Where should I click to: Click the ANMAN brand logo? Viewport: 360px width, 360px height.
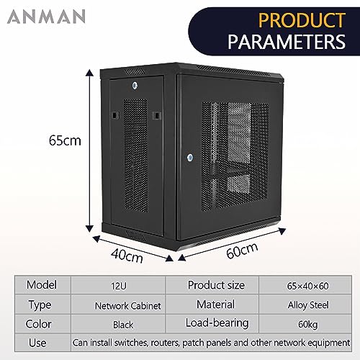point(46,17)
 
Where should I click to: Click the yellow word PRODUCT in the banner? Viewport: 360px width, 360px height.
point(302,21)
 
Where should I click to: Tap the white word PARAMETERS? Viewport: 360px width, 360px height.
point(287,42)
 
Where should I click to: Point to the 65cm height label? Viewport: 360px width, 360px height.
point(65,140)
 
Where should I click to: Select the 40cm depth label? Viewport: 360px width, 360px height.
point(127,256)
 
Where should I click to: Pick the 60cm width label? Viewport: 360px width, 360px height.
point(242,251)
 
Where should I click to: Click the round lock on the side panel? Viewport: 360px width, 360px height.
point(135,86)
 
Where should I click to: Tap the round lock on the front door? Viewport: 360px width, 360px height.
point(190,158)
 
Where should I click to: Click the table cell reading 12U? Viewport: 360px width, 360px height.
point(119,286)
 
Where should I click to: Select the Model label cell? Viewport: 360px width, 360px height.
point(42,285)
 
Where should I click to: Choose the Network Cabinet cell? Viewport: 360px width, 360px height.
point(127,306)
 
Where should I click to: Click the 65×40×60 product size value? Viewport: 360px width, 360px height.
point(307,286)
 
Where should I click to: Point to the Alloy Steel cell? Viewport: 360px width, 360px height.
point(308,305)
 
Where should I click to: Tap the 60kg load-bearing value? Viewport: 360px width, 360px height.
point(307,325)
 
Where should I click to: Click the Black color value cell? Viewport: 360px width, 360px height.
point(123,325)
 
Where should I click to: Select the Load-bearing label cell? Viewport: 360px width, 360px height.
point(217,323)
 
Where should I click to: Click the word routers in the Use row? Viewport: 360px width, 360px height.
point(165,343)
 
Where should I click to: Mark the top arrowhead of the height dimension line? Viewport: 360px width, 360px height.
point(90,73)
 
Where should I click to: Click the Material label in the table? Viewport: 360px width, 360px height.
point(215,305)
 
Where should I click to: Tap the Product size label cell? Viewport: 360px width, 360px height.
point(216,285)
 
